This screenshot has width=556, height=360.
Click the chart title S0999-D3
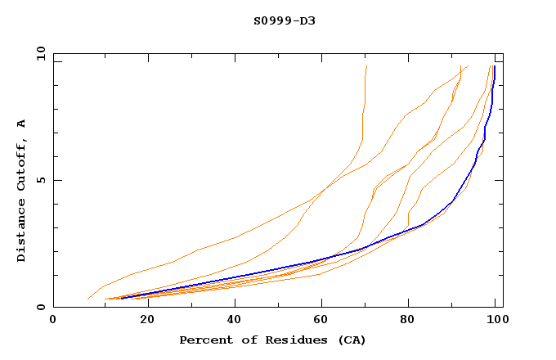pyautogui.click(x=284, y=20)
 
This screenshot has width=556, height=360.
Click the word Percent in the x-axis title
pyautogui.click(x=202, y=340)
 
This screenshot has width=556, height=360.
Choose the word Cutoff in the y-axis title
pyautogui.click(x=21, y=161)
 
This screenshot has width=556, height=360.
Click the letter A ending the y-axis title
pyautogui.click(x=21, y=124)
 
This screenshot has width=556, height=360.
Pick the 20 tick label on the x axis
pyautogui.click(x=143, y=319)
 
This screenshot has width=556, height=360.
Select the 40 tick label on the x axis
pyautogui.click(x=233, y=319)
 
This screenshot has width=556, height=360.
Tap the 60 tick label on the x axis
pyautogui.click(x=322, y=319)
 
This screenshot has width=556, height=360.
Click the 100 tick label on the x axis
pyautogui.click(x=495, y=319)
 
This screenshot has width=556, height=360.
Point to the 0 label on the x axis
pyautogui.click(x=54, y=319)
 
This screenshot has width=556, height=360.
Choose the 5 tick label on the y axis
pyautogui.click(x=40, y=180)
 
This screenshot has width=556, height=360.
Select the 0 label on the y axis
pyautogui.click(x=40, y=307)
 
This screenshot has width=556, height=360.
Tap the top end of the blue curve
pyautogui.click(x=494, y=67)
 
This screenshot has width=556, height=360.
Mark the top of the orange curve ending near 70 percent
pyautogui.click(x=367, y=66)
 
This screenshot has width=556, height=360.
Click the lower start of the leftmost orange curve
pyautogui.click(x=87, y=299)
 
